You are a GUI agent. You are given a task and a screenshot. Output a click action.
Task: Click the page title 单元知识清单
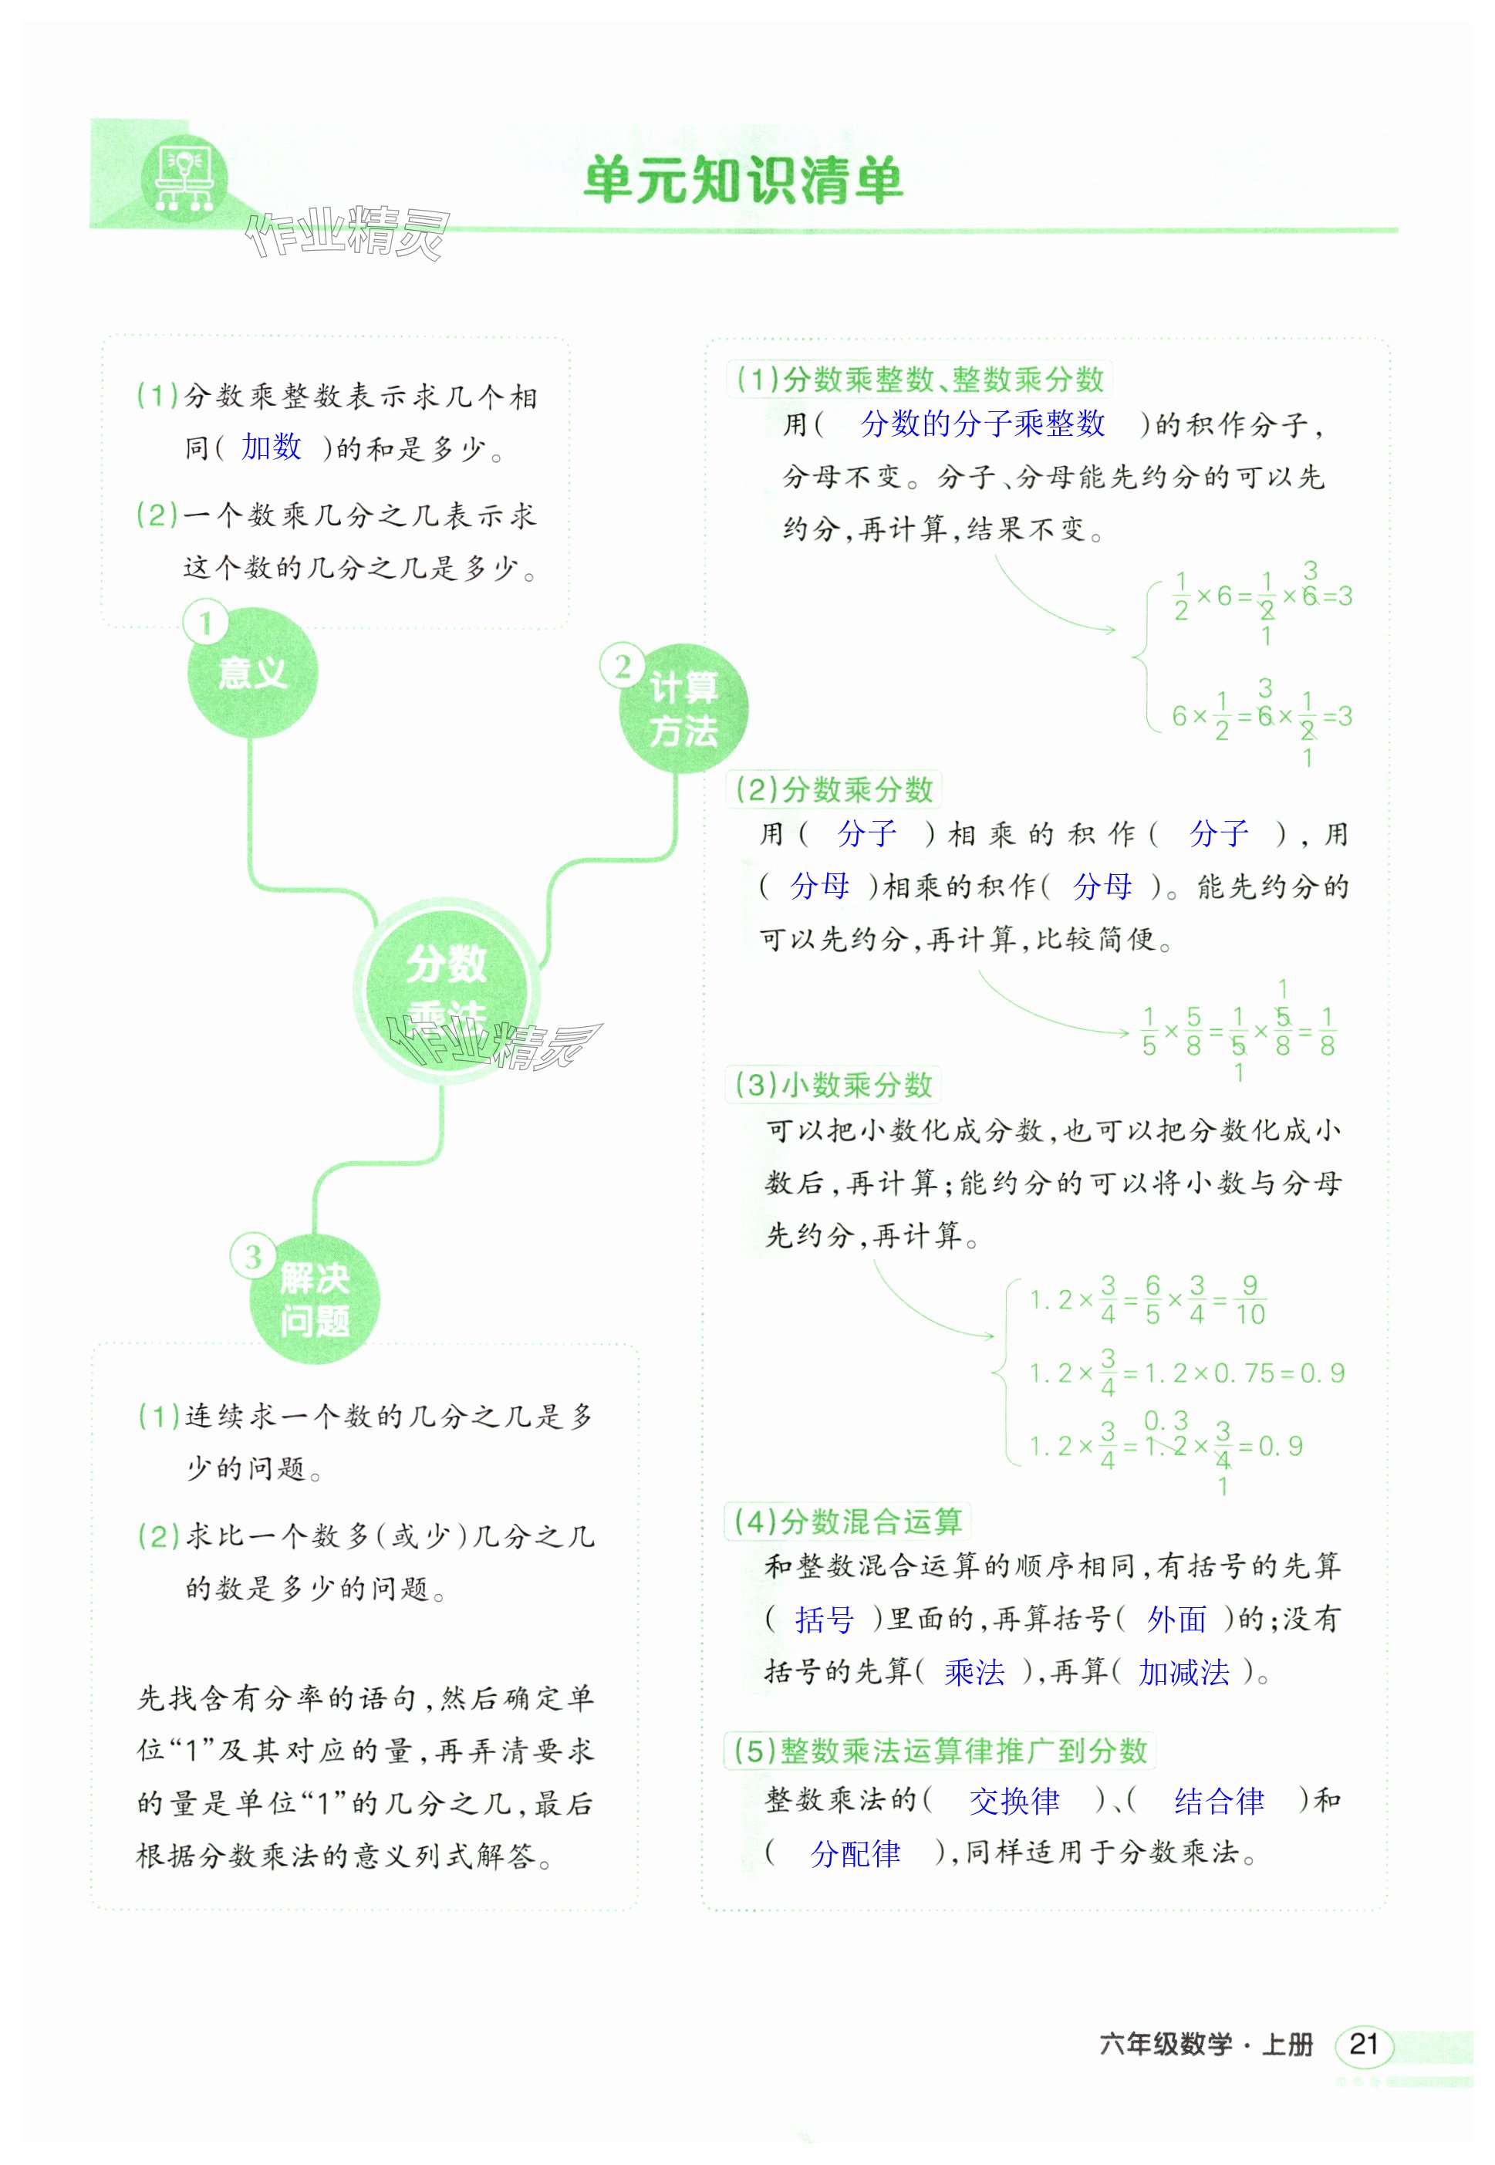[742, 180]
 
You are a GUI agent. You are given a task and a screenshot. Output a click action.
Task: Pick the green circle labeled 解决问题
[314, 1299]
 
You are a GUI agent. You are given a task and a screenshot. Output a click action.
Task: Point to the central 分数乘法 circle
[446, 988]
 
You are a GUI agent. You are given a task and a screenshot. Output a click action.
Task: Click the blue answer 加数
[271, 447]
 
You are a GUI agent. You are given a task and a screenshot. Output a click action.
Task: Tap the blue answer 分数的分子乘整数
[982, 424]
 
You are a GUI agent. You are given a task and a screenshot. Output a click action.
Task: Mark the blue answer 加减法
[1183, 1672]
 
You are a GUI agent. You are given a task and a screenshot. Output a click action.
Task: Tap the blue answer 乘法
[974, 1672]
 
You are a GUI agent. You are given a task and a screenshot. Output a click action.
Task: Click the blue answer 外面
[1176, 1619]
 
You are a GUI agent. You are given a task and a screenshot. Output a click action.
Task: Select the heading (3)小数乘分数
[833, 1085]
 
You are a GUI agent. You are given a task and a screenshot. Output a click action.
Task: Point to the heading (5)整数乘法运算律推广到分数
[940, 1750]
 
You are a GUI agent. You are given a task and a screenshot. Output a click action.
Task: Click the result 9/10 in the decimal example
[1250, 1299]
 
